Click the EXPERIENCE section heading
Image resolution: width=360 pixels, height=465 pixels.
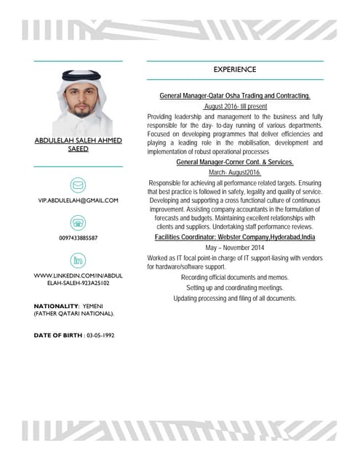coord(234,70)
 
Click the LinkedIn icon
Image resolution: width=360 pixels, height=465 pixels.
coord(78,260)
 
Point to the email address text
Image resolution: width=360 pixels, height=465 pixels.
coord(78,199)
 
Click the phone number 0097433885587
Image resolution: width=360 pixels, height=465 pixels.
coord(78,238)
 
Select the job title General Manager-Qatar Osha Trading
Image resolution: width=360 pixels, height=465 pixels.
coord(234,96)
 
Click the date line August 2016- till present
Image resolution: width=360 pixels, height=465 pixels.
coord(234,106)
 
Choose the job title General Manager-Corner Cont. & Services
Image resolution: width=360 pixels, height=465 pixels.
coord(234,163)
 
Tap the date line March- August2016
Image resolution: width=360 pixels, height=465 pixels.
coord(234,173)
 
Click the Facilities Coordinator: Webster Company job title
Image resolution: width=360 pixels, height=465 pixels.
coord(234,238)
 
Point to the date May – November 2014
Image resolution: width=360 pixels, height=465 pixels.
coord(234,248)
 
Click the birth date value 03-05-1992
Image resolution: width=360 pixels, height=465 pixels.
coord(100,335)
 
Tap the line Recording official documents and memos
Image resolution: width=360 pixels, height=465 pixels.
coord(234,278)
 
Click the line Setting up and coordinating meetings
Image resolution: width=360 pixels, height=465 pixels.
coord(234,288)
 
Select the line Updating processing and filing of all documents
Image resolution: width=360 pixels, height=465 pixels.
coord(234,298)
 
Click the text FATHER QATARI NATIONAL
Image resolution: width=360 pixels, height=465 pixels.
coord(73,314)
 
